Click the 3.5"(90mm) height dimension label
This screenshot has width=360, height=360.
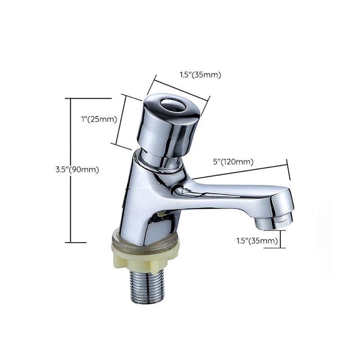pos(77,170)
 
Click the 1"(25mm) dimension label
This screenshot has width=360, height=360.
pos(99,119)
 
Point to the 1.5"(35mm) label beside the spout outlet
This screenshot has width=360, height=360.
pos(257,241)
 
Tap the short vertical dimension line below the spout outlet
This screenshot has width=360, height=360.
pos(281,239)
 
